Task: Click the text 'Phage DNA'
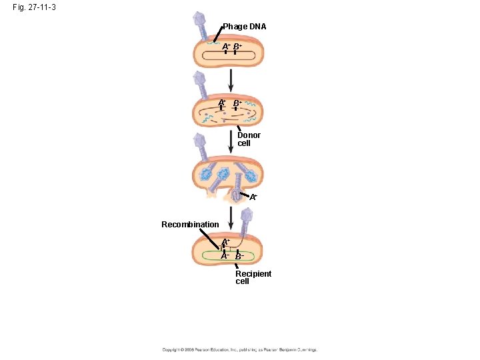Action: [x=244, y=27]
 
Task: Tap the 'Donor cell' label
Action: [x=249, y=139]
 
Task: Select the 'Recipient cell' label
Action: [x=253, y=277]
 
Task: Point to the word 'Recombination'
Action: [x=190, y=224]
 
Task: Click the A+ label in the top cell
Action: [x=227, y=46]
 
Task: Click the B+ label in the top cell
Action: [x=237, y=46]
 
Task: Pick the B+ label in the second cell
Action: [x=237, y=102]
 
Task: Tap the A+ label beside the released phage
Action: [x=254, y=197]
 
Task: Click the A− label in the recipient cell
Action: [x=225, y=255]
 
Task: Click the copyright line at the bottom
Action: [x=240, y=349]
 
